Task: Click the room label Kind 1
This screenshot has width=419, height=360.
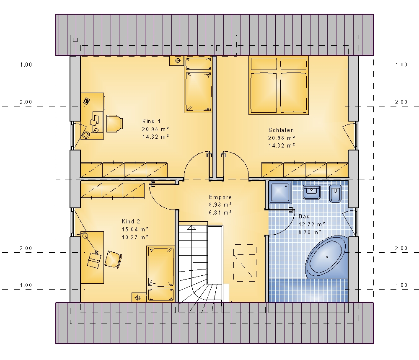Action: pos(151,122)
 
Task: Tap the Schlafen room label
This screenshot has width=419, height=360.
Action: pos(281,130)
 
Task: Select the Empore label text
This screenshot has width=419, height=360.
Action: pos(220,197)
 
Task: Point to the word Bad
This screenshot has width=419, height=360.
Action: pos(304,216)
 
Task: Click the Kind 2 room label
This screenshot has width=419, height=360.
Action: pos(131,221)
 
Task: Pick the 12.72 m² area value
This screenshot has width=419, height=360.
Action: pos(312,224)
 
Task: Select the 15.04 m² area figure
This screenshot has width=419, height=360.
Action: pos(135,229)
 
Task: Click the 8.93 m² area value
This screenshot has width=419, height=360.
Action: pos(220,205)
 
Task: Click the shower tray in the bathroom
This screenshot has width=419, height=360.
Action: pos(280,192)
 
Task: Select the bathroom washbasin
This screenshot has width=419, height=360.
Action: pos(312,192)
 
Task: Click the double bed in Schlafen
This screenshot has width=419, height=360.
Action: pos(279,85)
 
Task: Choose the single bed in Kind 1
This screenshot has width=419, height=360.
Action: pos(198,85)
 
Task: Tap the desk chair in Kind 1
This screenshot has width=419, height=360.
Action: pos(115,124)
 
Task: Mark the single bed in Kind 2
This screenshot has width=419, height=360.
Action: pos(160,274)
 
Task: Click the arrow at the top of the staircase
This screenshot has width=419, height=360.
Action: pos(191,228)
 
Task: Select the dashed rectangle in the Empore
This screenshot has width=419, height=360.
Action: pos(245,262)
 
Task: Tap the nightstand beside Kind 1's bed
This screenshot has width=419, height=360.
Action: pos(177,61)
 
